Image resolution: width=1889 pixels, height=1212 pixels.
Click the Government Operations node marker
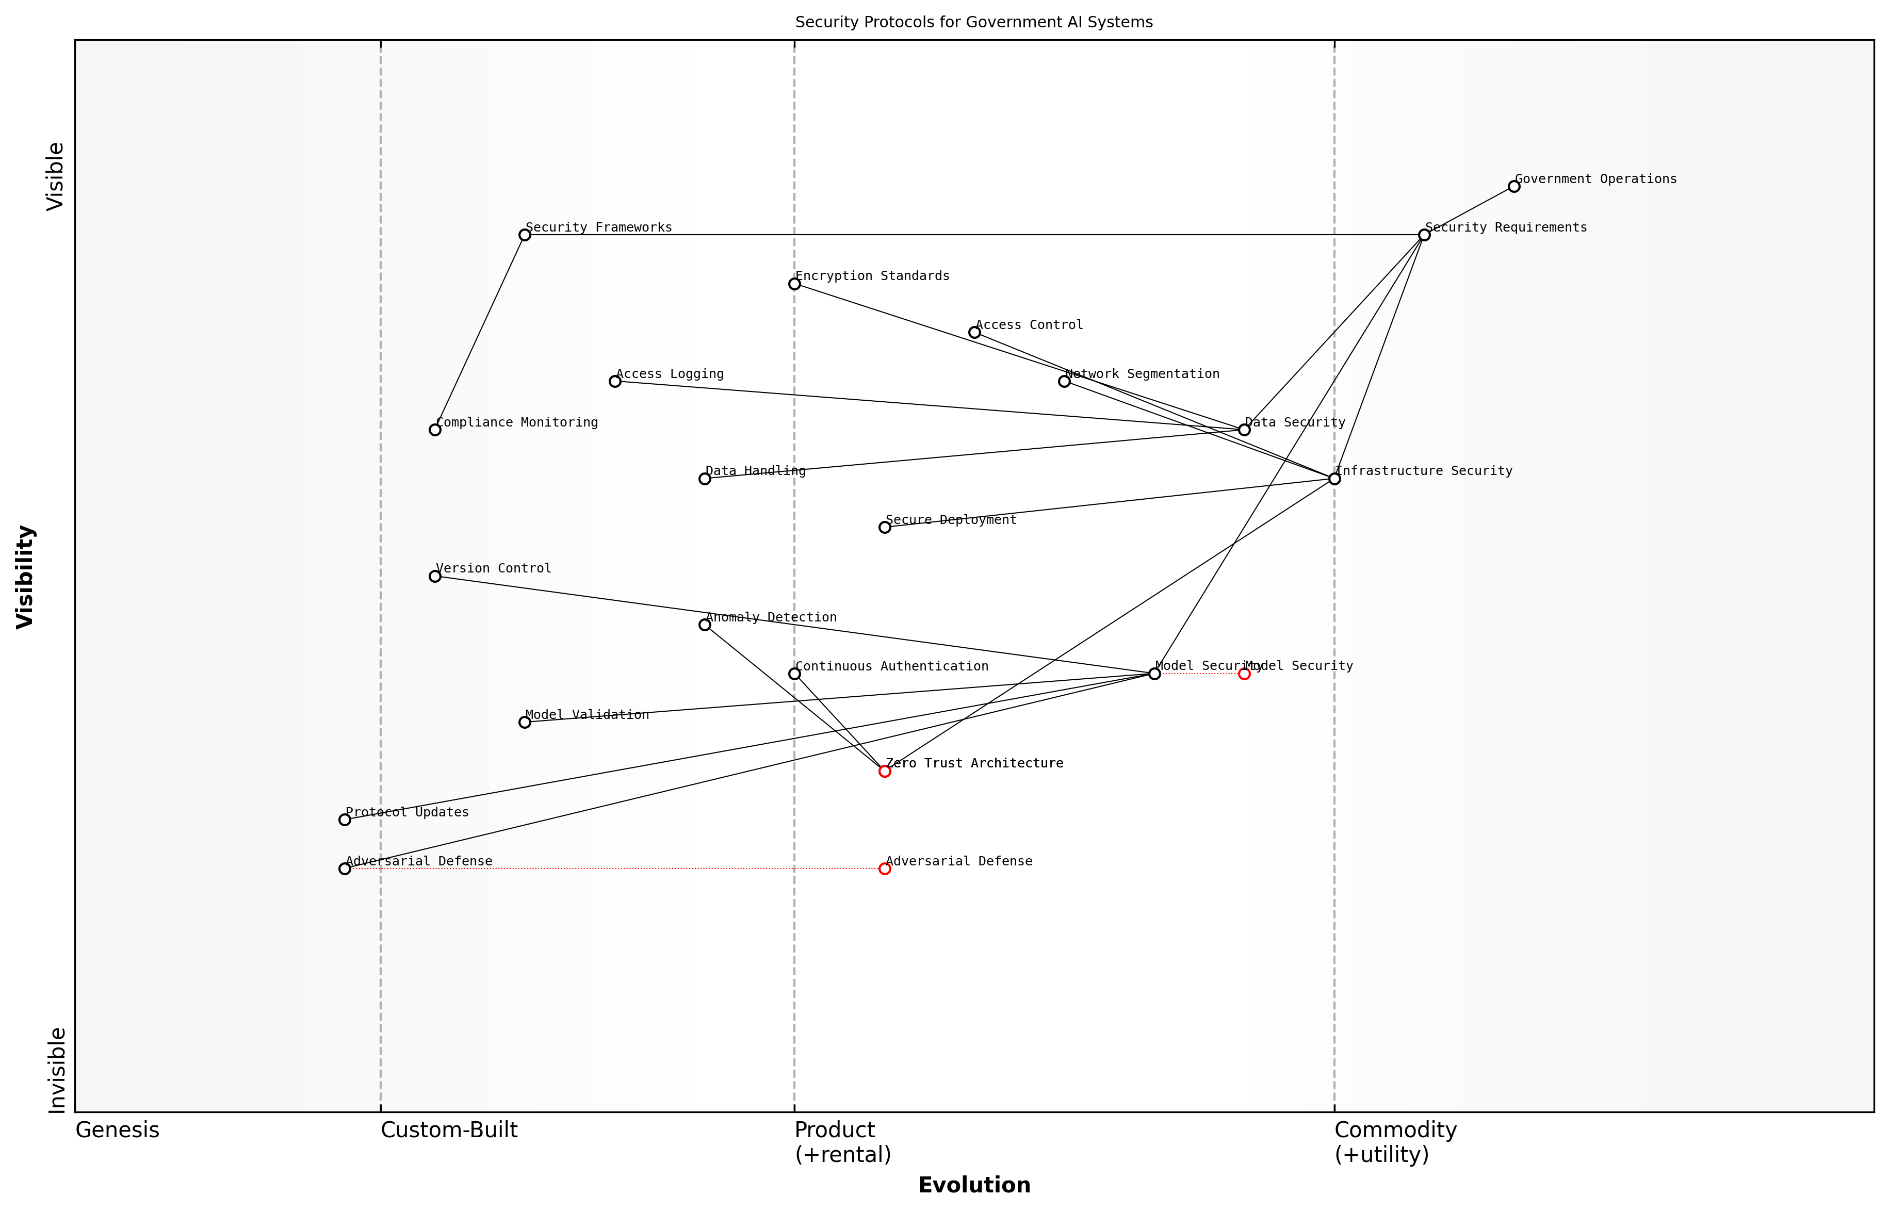1513,187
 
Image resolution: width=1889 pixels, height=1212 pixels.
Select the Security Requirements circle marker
1424,235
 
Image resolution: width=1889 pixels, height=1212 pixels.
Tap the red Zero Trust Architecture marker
885,771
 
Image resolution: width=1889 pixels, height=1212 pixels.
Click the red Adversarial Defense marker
885,869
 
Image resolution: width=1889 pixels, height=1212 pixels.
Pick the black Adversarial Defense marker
345,869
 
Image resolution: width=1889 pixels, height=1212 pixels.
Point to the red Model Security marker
1244,674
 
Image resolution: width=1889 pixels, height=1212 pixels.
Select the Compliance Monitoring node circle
434,430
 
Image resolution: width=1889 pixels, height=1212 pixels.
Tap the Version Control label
494,568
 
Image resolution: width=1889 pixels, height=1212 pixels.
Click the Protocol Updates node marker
345,820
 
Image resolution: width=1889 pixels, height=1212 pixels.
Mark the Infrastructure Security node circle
1334,479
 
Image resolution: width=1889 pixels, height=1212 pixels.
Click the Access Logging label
670,374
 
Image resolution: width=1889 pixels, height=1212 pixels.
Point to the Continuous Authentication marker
794,674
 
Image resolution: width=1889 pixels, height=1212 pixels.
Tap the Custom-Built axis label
449,1130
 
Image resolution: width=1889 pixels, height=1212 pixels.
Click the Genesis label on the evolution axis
117,1130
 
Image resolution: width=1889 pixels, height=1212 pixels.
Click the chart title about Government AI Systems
973,22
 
